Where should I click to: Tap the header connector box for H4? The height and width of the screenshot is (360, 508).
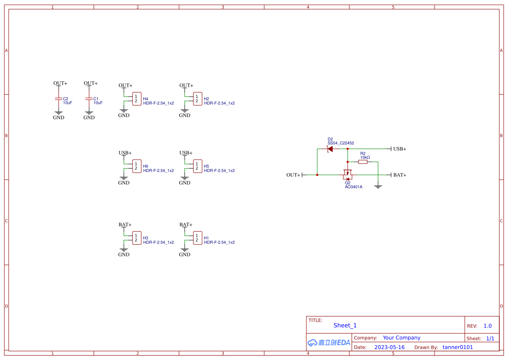pos(136,99)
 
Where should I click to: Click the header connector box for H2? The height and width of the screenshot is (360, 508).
pos(197,99)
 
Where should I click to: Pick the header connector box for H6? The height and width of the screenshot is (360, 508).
pos(136,166)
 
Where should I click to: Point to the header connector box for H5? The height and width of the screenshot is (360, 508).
pos(197,166)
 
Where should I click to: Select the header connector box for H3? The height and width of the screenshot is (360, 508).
pos(136,238)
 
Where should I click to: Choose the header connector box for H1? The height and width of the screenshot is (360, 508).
pos(197,238)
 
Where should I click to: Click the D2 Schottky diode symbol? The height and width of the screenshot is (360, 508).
pos(330,149)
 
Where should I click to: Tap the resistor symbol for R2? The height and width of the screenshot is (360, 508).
pos(363,162)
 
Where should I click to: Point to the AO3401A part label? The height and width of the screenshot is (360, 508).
pos(353,187)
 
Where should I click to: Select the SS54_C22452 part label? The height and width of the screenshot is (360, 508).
pos(341,143)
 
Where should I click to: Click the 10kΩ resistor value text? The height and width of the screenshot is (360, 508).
pos(365,157)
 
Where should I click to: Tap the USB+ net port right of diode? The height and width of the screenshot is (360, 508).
pos(399,149)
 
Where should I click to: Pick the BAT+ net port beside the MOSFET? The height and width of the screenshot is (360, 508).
pos(399,175)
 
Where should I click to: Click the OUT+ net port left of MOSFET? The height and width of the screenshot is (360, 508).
pos(294,175)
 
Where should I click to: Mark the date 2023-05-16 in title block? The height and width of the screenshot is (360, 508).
pos(389,347)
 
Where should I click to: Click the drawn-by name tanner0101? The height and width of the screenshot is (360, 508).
pos(458,347)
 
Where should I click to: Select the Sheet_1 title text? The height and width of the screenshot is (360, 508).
pos(345,325)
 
